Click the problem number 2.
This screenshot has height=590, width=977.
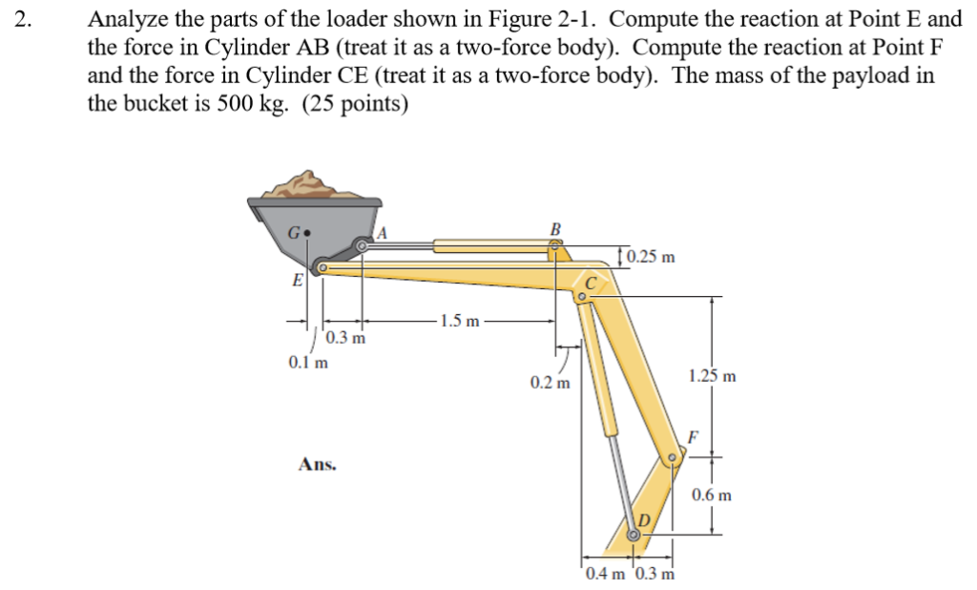(x=23, y=19)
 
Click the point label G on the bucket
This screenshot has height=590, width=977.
(x=295, y=232)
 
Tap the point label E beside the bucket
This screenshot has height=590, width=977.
(x=298, y=280)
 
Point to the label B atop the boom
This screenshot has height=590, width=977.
(x=556, y=228)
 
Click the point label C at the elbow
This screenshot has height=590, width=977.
(x=592, y=282)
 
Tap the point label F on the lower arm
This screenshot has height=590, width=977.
(x=693, y=437)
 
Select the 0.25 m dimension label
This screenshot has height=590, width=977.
(x=653, y=257)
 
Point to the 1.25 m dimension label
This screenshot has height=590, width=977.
(x=712, y=376)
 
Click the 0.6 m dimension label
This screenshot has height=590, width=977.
(x=712, y=495)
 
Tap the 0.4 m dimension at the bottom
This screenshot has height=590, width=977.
(x=606, y=574)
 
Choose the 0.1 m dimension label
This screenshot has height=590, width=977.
(x=308, y=362)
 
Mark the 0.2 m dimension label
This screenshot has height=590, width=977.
(x=550, y=383)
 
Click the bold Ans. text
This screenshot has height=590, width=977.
(x=318, y=465)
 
